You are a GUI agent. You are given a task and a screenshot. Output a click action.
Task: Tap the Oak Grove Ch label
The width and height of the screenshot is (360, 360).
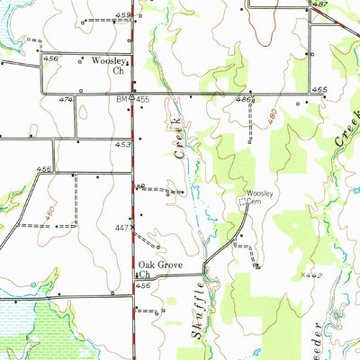(154, 269)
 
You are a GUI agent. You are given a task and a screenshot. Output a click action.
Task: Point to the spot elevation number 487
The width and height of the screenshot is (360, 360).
(319, 5)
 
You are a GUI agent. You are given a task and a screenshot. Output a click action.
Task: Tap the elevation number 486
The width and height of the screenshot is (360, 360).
(243, 100)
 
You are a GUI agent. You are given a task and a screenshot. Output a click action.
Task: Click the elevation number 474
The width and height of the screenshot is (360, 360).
(66, 100)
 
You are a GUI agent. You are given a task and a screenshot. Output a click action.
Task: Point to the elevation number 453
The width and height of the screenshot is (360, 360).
(122, 143)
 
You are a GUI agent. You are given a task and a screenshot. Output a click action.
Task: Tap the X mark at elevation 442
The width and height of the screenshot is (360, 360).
(305, 275)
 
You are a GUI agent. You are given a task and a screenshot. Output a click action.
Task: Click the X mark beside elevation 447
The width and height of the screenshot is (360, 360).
(135, 229)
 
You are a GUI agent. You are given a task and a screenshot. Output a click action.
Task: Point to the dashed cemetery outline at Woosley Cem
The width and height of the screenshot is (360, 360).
(242, 205)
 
